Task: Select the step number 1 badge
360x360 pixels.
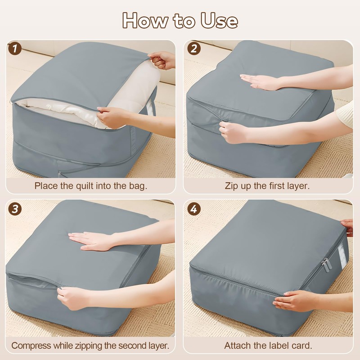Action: click(16, 49)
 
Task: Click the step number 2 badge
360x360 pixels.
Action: click(193, 49)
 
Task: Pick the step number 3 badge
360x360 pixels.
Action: click(16, 209)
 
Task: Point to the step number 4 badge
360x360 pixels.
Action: click(193, 209)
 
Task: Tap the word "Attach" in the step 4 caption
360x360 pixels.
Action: click(237, 346)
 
